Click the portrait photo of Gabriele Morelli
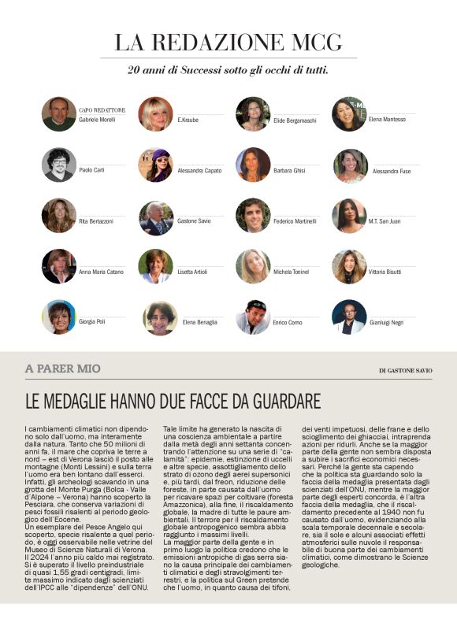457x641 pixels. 59,114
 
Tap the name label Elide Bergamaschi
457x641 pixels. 295,120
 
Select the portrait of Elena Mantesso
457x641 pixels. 348,114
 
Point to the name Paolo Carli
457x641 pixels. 91,170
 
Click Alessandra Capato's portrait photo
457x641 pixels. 155,165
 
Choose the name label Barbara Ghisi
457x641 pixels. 289,170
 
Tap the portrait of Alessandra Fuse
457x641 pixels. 348,165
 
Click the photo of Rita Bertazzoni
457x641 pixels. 59,216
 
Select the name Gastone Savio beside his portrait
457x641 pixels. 194,221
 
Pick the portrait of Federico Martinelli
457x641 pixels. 252,216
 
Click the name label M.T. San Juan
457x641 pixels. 385,221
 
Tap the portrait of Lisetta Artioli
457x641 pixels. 155,266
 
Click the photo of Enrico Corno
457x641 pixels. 252,317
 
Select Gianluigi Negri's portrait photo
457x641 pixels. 348,317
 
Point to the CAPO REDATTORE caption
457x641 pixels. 102,110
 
